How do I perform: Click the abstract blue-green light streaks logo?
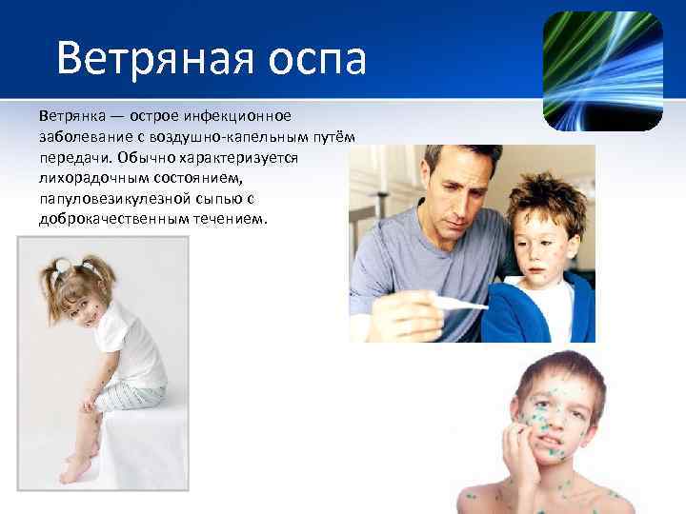(x=602, y=70)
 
